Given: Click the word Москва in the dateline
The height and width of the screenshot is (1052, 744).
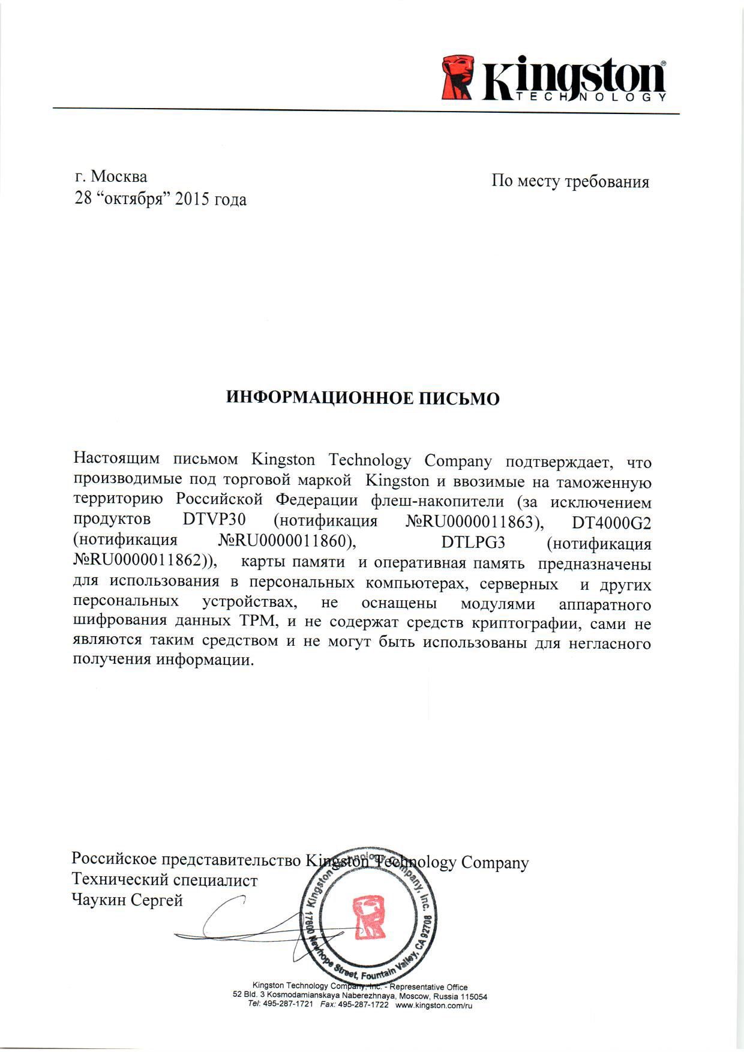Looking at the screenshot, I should click(119, 176).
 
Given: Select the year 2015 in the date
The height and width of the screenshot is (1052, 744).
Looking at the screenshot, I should click(193, 199).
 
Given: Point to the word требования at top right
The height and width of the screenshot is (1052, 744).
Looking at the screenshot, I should click(607, 181).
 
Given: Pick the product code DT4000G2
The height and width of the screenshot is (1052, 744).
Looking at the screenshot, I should click(611, 523).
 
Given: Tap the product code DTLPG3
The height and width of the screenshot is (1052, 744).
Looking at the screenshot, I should click(473, 543).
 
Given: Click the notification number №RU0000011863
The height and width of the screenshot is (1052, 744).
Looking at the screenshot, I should click(470, 522).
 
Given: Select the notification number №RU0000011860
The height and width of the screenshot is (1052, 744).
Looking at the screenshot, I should click(284, 541).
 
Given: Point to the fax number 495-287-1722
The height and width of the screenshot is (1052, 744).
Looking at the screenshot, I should click(364, 1005).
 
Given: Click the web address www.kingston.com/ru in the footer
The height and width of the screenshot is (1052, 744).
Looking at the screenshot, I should click(434, 1005).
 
